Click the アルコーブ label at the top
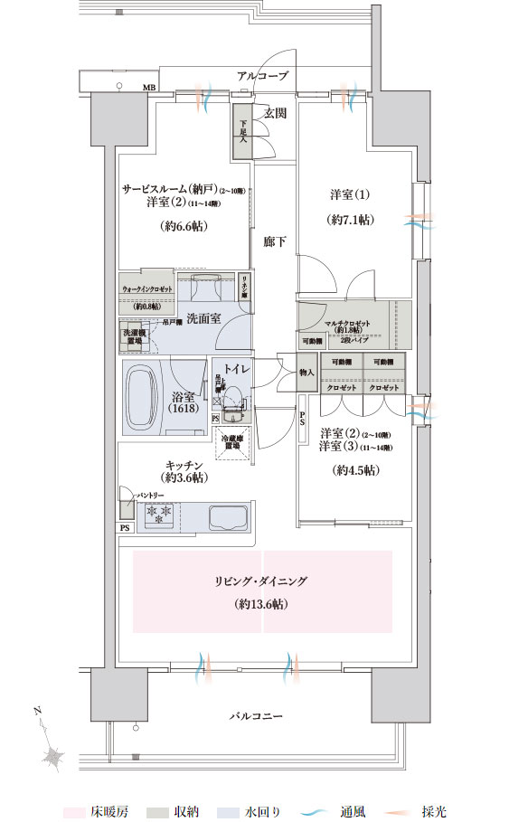coord(263,77)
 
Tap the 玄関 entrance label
coord(276,113)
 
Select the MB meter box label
coord(148,88)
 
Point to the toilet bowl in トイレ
coord(232,398)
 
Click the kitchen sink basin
coord(228,518)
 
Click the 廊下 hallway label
coord(275,242)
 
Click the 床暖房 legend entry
coord(109,812)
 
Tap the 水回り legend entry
coord(261,812)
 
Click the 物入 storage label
coord(307,373)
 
